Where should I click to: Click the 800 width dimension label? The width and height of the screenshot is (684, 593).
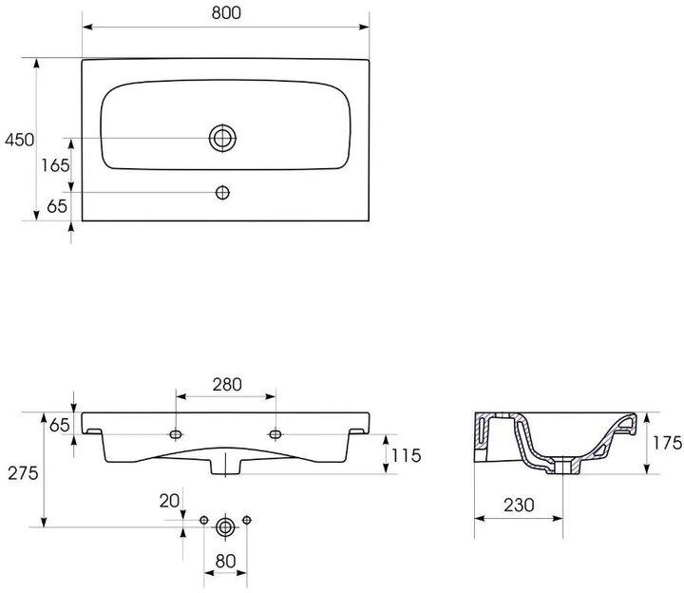pyautogui.click(x=226, y=13)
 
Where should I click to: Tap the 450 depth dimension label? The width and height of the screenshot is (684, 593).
pyautogui.click(x=19, y=140)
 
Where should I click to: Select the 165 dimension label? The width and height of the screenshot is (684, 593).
pyautogui.click(x=55, y=165)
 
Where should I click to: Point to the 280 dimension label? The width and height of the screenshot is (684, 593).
pyautogui.click(x=227, y=385)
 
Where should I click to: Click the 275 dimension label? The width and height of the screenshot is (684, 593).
pyautogui.click(x=23, y=473)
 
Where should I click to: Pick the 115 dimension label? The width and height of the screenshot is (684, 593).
pyautogui.click(x=407, y=455)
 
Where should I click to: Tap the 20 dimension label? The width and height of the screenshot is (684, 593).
pyautogui.click(x=169, y=501)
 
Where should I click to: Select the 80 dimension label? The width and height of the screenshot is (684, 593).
pyautogui.click(x=225, y=561)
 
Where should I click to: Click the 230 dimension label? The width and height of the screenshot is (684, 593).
pyautogui.click(x=519, y=506)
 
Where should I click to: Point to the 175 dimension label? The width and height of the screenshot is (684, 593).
pyautogui.click(x=667, y=443)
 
